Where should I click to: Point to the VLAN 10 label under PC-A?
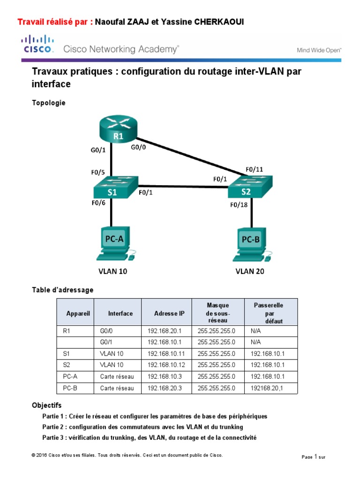[112, 271]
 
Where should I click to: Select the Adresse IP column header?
[166, 313]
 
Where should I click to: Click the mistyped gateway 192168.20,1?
[268, 388]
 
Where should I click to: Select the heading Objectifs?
[46, 405]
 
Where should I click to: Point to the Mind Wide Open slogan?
[319, 51]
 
